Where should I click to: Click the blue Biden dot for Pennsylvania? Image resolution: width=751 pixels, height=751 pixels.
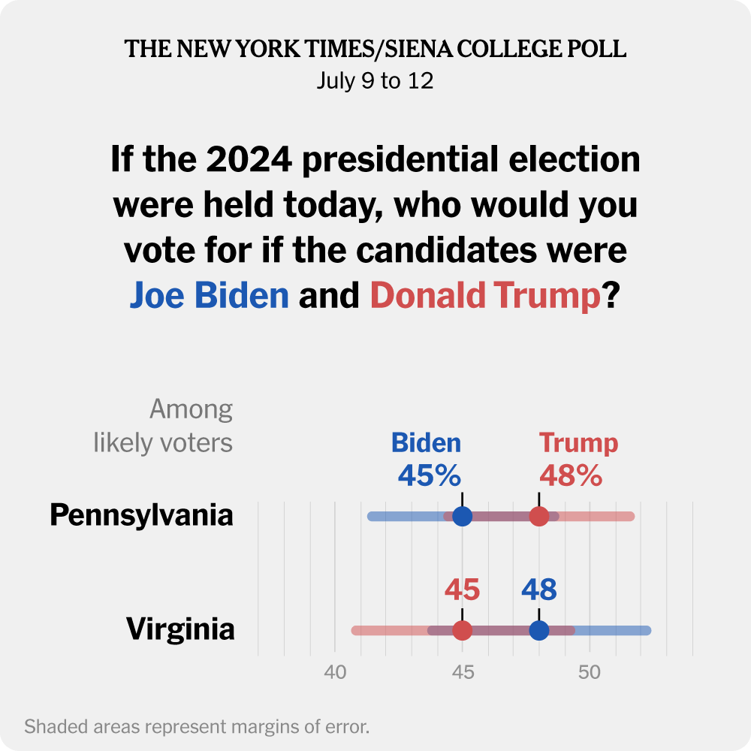click(x=463, y=517)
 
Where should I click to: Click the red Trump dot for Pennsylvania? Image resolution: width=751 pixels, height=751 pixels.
click(x=539, y=517)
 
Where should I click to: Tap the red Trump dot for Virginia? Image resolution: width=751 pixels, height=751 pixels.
click(x=463, y=630)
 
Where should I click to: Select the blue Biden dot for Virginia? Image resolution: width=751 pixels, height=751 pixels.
click(x=539, y=630)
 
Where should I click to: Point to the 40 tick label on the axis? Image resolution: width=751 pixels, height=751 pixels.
click(x=335, y=672)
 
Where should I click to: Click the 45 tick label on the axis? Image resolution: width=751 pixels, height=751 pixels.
click(x=463, y=672)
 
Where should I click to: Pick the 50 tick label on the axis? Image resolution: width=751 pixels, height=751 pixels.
click(x=590, y=672)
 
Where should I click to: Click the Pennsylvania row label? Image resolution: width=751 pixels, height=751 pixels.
click(x=141, y=516)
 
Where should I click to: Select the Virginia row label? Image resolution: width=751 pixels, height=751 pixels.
click(x=180, y=629)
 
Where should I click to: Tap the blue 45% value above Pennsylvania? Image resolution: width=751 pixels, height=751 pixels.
click(x=429, y=475)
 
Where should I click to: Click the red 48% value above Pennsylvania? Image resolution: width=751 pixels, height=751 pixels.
click(x=571, y=475)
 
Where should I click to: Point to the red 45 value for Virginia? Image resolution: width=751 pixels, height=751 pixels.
click(x=462, y=590)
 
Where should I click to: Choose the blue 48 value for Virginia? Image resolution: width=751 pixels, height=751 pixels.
click(x=539, y=590)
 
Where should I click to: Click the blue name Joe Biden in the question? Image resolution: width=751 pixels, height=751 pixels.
click(x=210, y=296)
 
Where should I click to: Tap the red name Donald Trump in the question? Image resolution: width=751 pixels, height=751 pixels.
click(x=485, y=296)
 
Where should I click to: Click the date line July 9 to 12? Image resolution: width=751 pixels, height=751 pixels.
click(x=375, y=81)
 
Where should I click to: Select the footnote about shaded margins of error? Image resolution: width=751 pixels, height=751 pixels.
click(x=198, y=727)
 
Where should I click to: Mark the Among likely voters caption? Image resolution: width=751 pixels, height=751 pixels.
click(x=164, y=427)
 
